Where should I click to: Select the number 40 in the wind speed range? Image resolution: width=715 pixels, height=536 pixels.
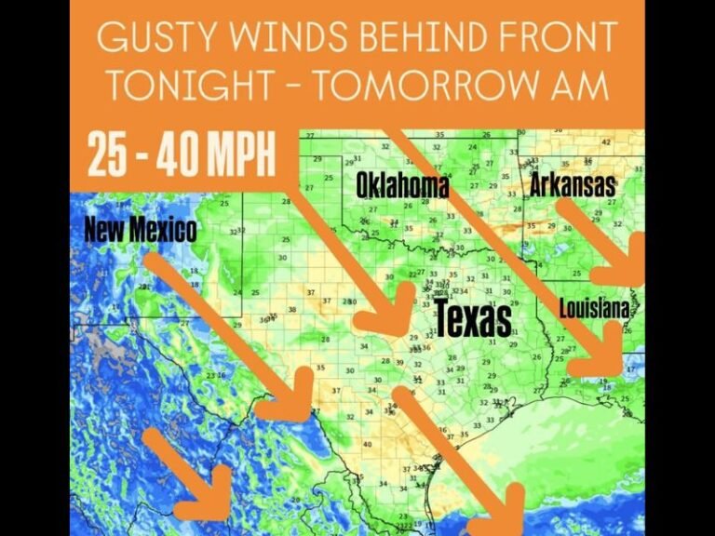(172, 156)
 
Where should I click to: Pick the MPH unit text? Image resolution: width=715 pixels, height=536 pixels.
(237, 156)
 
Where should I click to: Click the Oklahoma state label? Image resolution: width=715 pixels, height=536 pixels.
(402, 186)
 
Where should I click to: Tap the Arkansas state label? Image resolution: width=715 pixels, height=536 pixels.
(573, 184)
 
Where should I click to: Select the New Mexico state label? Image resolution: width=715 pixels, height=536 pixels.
(141, 229)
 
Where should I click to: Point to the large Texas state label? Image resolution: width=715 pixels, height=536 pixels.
(473, 319)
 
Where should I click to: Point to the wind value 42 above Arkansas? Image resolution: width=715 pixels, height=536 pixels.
(606, 142)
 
